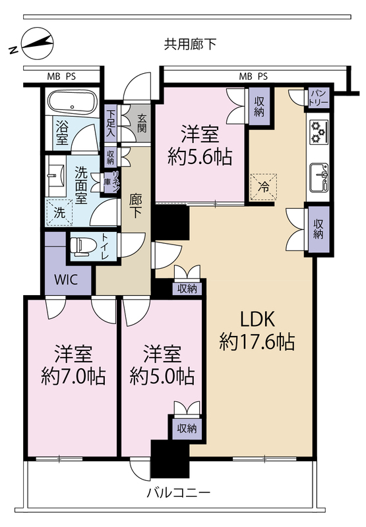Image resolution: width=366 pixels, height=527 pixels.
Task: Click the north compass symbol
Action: point(36,43)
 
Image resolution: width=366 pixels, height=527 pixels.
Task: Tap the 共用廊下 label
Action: point(190,44)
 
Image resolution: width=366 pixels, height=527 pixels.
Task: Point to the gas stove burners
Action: point(319,132)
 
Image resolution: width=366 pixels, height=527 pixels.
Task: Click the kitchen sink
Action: point(319,177)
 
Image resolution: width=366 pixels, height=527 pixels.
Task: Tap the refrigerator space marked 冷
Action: point(264,187)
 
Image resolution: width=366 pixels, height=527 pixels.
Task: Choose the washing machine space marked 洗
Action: point(59,212)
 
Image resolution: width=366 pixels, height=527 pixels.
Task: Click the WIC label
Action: point(66,279)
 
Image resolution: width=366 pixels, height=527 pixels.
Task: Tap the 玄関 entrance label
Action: point(142,123)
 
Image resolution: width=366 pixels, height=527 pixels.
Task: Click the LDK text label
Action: point(257,319)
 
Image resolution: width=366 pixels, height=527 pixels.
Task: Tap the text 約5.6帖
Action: point(200,157)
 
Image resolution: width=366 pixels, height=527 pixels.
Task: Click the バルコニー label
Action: point(179,493)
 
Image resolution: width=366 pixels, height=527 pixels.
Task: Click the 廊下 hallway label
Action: point(136,206)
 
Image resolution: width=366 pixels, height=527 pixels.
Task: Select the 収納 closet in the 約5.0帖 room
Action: point(187,428)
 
